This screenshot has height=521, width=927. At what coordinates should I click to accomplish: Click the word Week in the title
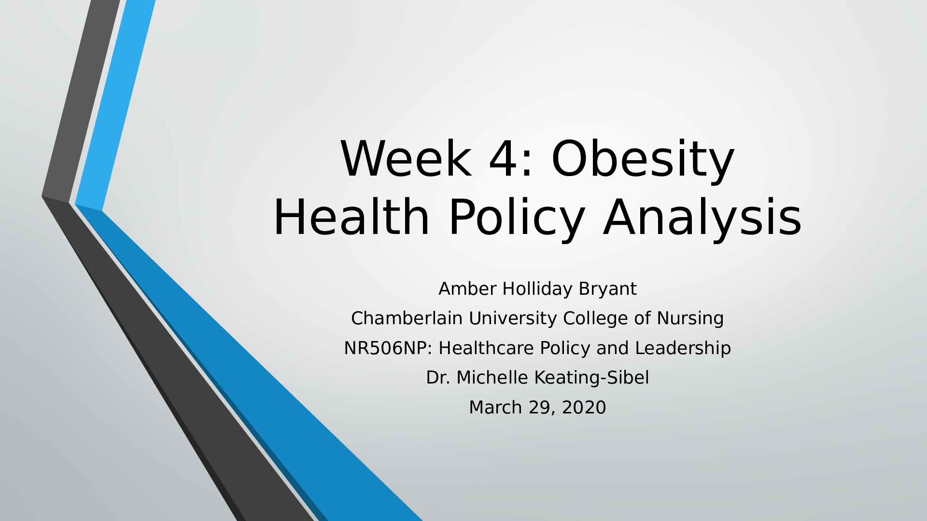(x=406, y=159)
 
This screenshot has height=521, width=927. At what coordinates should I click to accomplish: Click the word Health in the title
(x=351, y=217)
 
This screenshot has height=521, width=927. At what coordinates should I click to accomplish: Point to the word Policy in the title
(x=517, y=219)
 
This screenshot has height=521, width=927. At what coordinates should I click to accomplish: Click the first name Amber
(x=467, y=288)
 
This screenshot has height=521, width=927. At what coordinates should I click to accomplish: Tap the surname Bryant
(x=607, y=289)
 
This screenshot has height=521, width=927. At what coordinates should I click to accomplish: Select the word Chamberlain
(x=407, y=318)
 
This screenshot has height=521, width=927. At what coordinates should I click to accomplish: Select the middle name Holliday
(x=537, y=289)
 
